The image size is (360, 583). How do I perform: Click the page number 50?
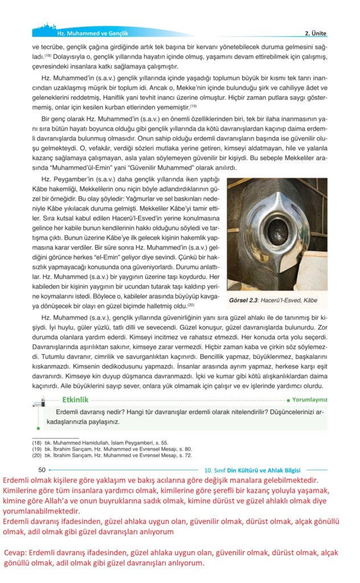coord(42,470)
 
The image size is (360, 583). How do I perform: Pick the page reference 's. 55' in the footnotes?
coord(161,442)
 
